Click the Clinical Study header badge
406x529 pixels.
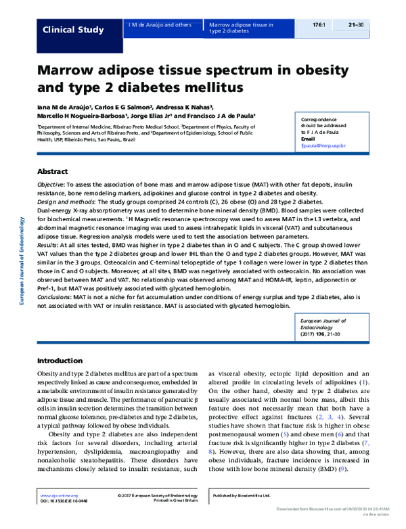pos(73,30)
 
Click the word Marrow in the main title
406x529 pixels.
pos(70,69)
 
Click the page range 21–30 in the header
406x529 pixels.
pos(357,25)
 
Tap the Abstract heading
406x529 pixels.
pos(53,171)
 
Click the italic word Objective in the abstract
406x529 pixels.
pos(51,184)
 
